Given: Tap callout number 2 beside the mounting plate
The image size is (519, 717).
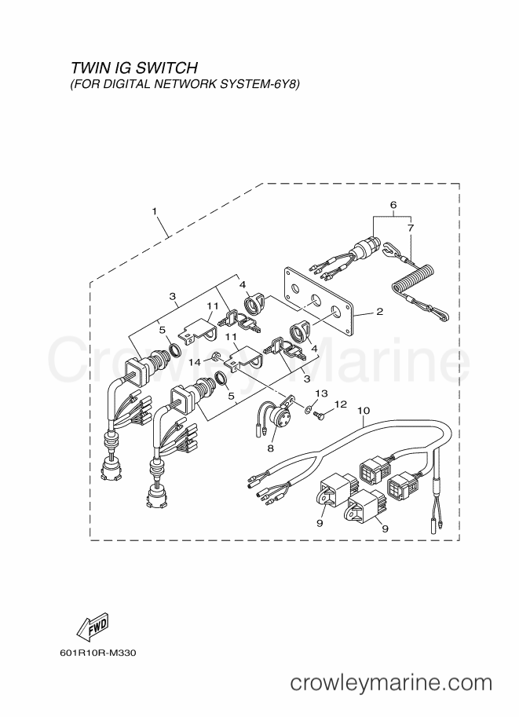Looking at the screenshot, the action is [x=379, y=312].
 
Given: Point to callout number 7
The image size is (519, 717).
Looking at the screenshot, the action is [x=410, y=227].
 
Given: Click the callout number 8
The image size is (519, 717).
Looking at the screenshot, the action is [x=270, y=448].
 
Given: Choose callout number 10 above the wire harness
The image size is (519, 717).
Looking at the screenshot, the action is [x=364, y=411].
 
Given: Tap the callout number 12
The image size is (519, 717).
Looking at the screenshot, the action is [x=341, y=404].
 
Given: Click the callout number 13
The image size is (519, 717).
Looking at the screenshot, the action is [x=321, y=393].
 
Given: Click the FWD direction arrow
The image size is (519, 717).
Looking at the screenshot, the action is [x=92, y=626].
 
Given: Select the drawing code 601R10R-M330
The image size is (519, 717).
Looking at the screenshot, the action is [x=98, y=653].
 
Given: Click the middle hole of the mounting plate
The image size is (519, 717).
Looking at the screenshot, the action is [x=315, y=300].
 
